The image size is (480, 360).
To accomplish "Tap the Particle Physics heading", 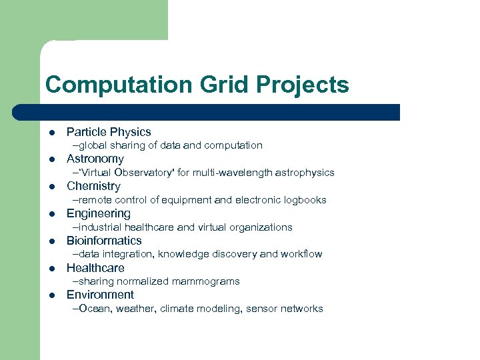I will click(x=109, y=132).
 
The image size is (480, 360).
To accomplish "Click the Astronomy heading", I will click(x=95, y=159).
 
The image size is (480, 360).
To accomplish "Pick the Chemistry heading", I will click(x=93, y=186).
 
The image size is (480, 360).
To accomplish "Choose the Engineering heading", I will click(x=99, y=213).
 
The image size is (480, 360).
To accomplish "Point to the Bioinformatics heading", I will click(x=104, y=241).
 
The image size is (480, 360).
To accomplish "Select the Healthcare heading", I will click(x=95, y=268).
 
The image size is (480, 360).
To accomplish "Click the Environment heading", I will click(x=100, y=295).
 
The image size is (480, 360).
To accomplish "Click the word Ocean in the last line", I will click(x=93, y=309).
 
